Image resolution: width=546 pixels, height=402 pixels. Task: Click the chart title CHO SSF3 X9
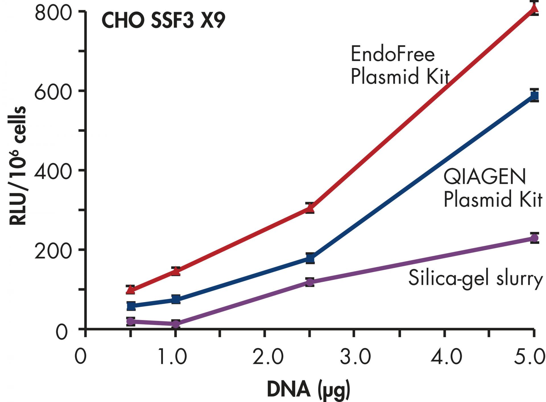(x=163, y=20)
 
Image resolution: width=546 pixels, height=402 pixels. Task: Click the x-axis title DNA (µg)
(x=309, y=390)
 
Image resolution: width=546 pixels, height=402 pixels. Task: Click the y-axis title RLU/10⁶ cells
(x=18, y=166)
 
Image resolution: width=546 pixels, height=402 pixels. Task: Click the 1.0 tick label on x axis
(x=173, y=357)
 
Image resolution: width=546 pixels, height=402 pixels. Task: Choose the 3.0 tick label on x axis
(x=355, y=357)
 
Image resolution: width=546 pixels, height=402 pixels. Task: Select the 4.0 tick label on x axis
(x=446, y=357)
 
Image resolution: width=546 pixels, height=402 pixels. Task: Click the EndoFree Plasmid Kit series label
(x=400, y=65)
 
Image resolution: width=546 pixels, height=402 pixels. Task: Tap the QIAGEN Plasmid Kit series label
(x=493, y=188)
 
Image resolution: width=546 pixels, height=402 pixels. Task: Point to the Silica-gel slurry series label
(x=475, y=278)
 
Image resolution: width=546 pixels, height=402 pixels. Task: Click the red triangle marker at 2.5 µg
(x=310, y=209)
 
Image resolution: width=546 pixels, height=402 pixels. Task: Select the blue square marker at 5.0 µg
(x=534, y=96)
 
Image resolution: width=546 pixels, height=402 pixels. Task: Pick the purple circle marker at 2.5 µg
(x=310, y=282)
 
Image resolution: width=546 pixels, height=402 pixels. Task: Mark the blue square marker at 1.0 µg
(x=176, y=299)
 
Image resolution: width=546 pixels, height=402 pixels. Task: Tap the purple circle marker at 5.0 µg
(x=534, y=238)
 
